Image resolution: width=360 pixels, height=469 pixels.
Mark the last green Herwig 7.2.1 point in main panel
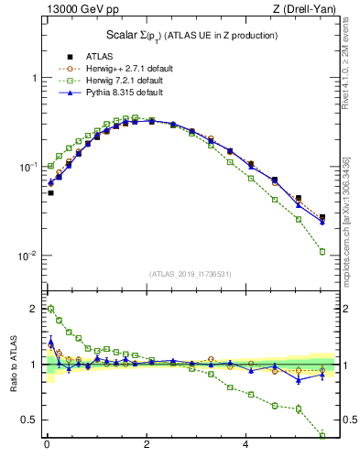click(x=322, y=251)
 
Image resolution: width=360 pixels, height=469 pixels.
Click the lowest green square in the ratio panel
click(x=322, y=435)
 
